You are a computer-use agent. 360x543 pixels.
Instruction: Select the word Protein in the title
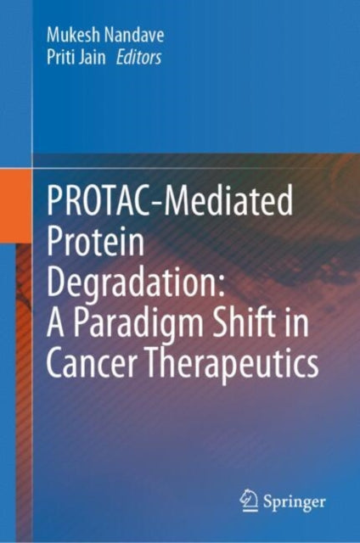(x=100, y=245)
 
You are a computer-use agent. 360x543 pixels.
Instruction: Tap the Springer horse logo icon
(x=248, y=500)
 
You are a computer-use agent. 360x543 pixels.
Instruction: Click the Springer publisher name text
(x=295, y=501)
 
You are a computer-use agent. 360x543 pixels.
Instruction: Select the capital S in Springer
(x=268, y=501)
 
